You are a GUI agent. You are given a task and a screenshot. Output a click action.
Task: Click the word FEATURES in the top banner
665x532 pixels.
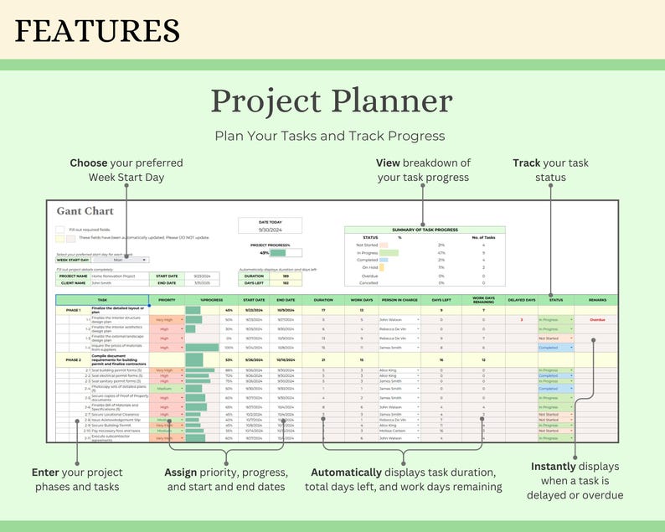tap(97, 31)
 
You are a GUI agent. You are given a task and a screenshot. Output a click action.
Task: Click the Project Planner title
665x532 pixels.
tap(332, 101)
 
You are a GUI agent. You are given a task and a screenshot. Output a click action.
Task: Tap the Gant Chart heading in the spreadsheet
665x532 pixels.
tap(85, 211)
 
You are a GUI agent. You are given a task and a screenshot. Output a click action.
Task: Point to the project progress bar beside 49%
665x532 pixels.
tap(278, 253)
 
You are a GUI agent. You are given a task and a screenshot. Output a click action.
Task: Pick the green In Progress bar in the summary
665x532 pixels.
tap(389, 251)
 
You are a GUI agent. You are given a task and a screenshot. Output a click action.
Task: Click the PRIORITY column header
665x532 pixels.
tap(167, 299)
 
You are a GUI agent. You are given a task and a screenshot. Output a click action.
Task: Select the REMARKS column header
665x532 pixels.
tap(596, 299)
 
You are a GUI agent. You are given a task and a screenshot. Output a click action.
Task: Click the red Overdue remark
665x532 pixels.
tap(596, 319)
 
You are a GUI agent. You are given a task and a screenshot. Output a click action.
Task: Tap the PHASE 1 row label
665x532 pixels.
tap(73, 309)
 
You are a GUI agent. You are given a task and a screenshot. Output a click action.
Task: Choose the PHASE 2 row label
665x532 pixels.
tap(73, 359)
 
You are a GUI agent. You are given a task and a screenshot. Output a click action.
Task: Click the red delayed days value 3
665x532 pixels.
tap(521, 319)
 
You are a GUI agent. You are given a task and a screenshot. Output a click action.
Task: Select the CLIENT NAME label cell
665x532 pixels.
tap(73, 282)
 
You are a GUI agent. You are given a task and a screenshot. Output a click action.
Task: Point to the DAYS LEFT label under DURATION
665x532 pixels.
tap(255, 282)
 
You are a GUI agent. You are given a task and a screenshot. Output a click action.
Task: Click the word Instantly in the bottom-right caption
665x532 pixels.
tap(553, 466)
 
